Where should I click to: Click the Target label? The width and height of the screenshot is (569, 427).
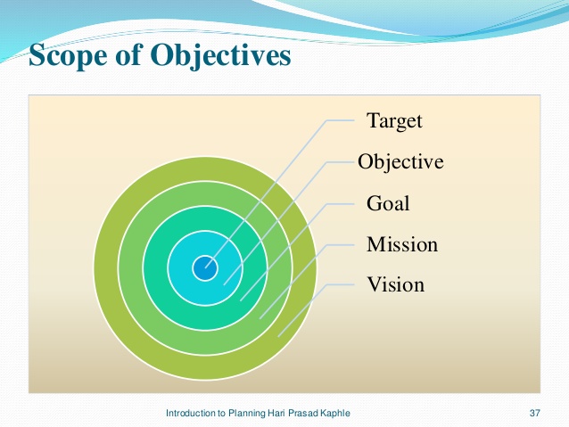coord(394,121)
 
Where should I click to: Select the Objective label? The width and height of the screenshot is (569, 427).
coord(400,162)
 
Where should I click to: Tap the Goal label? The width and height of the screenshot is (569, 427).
coord(388,202)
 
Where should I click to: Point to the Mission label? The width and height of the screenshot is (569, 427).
coord(402,244)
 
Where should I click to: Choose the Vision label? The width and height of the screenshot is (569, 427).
coord(396,284)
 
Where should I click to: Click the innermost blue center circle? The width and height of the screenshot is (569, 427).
coord(205,268)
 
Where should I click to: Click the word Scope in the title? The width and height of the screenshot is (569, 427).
coord(68,54)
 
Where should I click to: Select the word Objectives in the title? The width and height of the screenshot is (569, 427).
coord(220,55)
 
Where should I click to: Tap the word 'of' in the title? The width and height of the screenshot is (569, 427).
coord(128,54)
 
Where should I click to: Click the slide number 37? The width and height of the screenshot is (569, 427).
coord(535,413)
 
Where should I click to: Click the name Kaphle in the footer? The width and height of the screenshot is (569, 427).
coord(335,413)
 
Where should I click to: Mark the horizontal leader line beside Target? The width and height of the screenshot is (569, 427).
coord(341,120)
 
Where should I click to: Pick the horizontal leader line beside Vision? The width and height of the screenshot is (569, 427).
coord(341,284)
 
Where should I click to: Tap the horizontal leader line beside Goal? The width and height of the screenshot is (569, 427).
coord(341,204)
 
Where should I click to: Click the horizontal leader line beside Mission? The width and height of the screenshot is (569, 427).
coord(341,245)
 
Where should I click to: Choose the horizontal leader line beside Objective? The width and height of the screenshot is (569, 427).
coord(341,162)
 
